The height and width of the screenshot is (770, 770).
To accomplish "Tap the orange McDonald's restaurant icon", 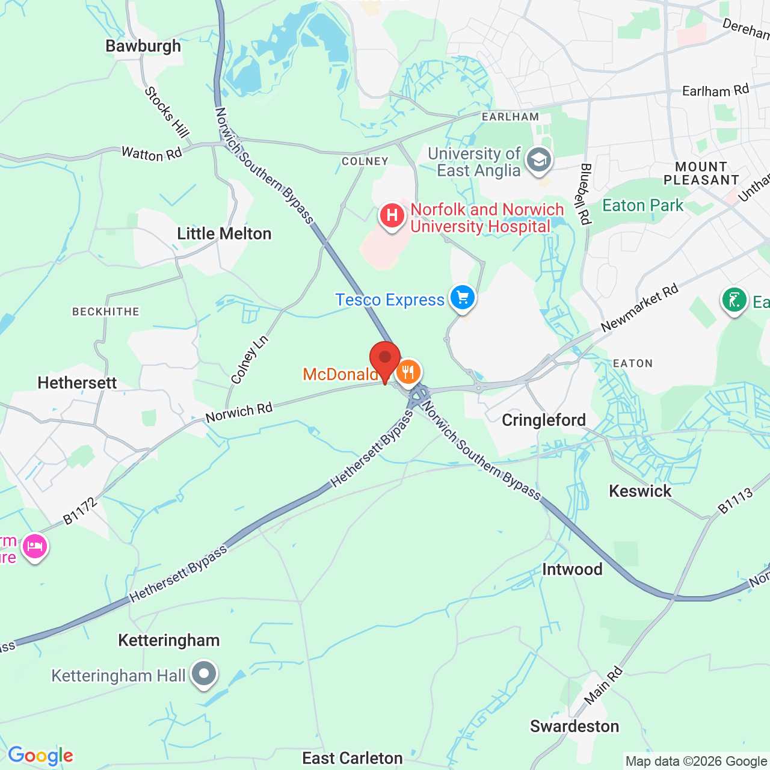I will tap(408, 372).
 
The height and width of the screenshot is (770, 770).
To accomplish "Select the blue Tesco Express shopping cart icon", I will tap(463, 297).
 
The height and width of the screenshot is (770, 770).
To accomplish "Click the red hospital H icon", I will tap(392, 215).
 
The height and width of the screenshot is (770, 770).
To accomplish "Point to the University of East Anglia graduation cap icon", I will tap(538, 161).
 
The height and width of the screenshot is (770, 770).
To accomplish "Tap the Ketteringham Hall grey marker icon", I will tap(204, 673).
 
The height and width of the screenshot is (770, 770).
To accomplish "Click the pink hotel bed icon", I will tap(35, 547).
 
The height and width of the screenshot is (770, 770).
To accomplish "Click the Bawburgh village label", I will tap(143, 46).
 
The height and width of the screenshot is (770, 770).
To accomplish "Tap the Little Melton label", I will tap(224, 233).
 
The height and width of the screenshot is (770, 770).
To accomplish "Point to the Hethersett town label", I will tap(77, 383).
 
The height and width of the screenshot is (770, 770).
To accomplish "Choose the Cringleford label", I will tap(544, 420).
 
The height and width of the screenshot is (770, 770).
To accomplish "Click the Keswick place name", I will tap(640, 491).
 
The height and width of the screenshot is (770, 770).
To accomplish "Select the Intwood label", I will tap(572, 569).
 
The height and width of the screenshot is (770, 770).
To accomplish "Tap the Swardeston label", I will tap(574, 726).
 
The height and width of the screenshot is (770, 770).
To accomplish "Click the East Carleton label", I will tap(353, 758).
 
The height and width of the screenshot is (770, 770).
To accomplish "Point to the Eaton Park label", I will tap(642, 206).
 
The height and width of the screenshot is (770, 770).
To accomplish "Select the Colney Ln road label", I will tap(250, 360).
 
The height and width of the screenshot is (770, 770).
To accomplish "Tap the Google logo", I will tap(41, 756).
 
